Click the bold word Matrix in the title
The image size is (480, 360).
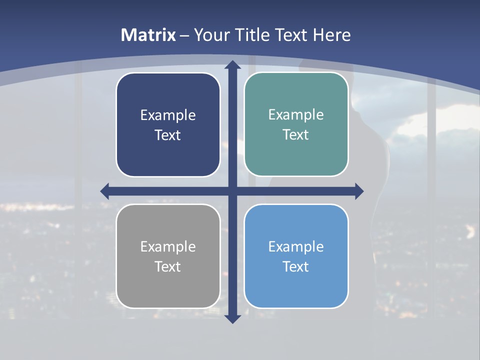[x=148, y=35]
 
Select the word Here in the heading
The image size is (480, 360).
[x=332, y=35]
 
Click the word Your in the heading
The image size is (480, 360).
[x=210, y=35]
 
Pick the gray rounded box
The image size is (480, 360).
[x=168, y=285]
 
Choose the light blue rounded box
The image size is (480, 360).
[x=296, y=285]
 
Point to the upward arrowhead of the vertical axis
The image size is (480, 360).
[x=232, y=64]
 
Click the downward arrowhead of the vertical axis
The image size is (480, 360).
[x=232, y=318]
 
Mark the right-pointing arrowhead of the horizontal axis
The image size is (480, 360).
[x=359, y=191]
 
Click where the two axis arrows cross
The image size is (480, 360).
[x=232, y=191]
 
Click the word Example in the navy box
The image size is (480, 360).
[x=168, y=115]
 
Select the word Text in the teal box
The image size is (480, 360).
[x=296, y=135]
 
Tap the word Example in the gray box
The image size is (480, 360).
[x=168, y=247]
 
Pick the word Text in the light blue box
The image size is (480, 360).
[x=296, y=267]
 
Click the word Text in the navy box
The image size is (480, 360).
[x=168, y=135]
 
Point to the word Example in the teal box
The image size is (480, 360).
[x=296, y=115]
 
